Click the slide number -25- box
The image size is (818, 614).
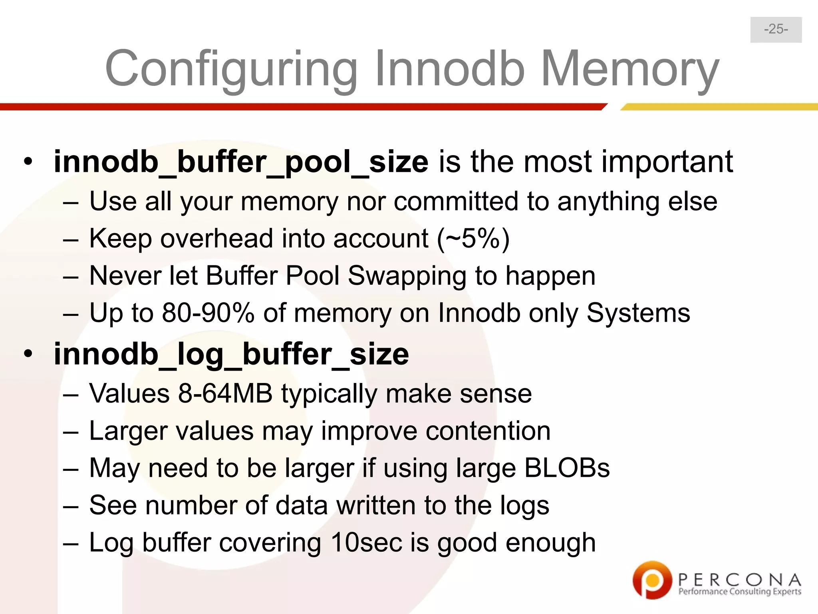pyautogui.click(x=776, y=30)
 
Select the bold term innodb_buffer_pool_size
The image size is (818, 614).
pyautogui.click(x=241, y=162)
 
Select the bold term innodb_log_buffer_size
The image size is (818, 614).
pyautogui.click(x=231, y=354)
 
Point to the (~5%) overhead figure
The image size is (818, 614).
pyautogui.click(x=473, y=239)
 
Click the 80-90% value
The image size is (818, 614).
pyautogui.click(x=208, y=313)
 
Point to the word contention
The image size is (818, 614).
pyautogui.click(x=488, y=431)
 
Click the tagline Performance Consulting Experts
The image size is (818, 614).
pyautogui.click(x=739, y=592)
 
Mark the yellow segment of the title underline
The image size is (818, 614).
pyautogui.click(x=719, y=107)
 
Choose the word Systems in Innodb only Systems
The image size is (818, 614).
pyautogui.click(x=638, y=313)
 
